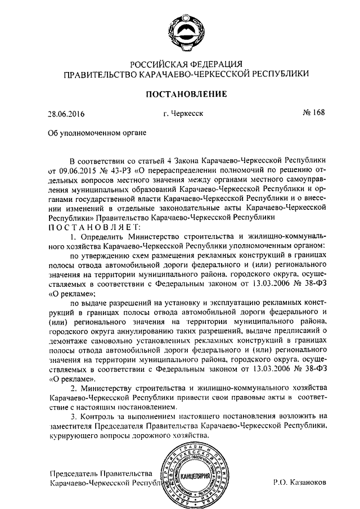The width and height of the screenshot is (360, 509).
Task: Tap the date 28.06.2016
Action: (x=66, y=115)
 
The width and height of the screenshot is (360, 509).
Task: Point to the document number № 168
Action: (x=314, y=114)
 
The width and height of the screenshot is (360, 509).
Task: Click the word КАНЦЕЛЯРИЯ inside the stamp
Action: (x=196, y=477)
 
